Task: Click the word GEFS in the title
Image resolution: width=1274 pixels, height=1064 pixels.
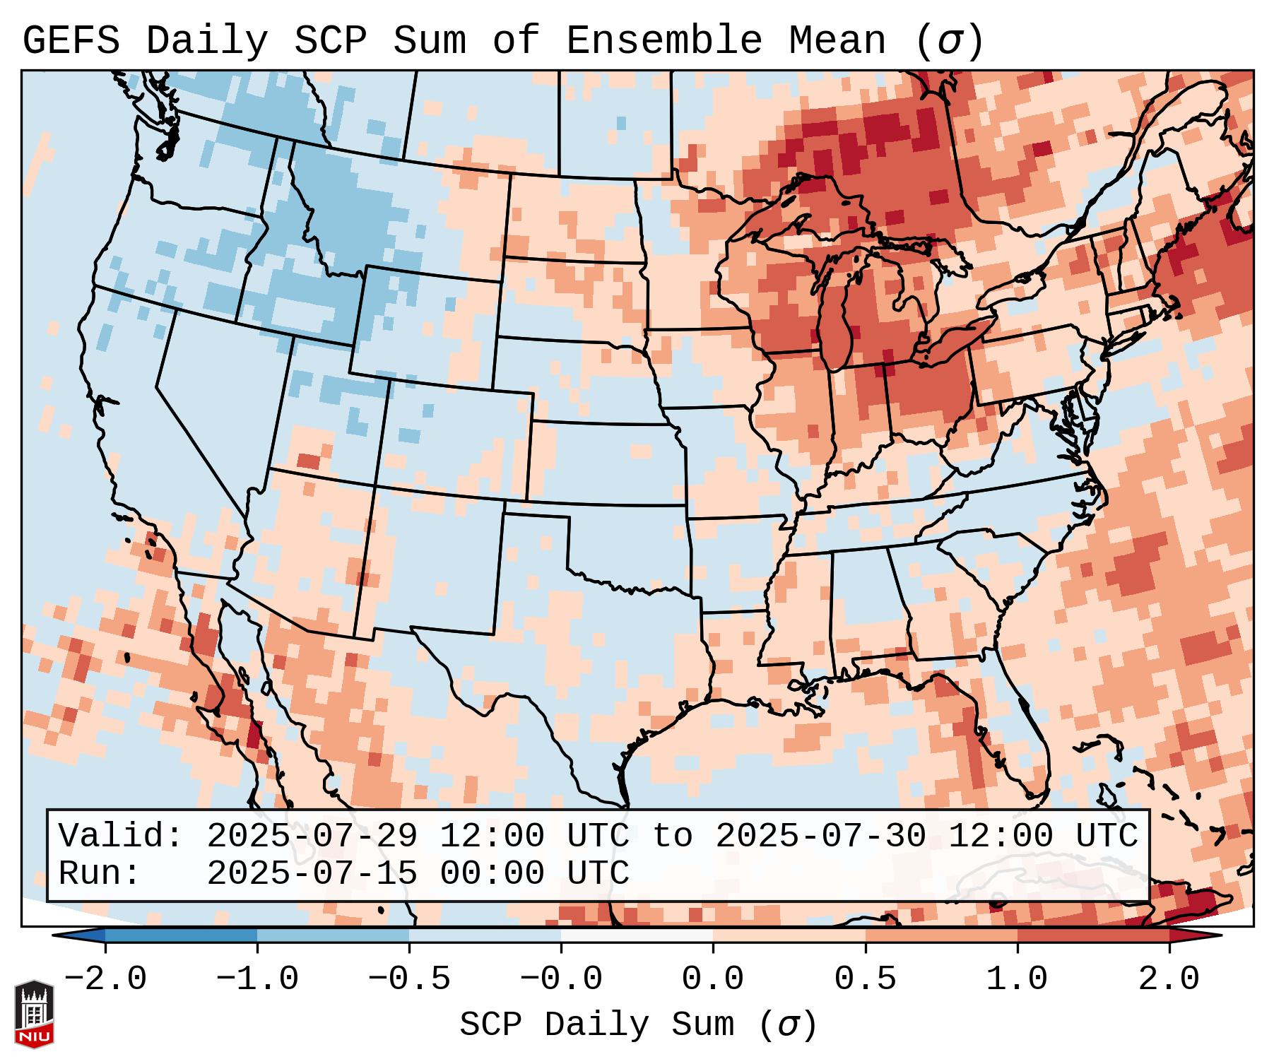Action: tap(71, 41)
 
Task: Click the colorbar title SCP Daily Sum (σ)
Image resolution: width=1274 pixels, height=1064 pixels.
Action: tap(638, 1025)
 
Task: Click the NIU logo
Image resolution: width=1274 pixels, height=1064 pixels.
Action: tap(34, 1014)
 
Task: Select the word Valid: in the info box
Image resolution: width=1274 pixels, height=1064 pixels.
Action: tap(121, 836)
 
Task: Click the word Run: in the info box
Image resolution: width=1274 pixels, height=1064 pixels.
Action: tap(99, 873)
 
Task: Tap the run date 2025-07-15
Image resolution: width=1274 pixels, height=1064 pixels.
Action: tap(312, 873)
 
